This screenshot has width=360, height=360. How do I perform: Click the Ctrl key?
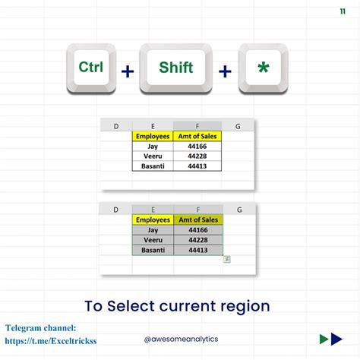click(x=90, y=68)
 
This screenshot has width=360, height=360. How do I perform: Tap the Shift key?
click(x=176, y=68)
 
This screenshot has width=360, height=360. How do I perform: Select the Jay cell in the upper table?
click(x=152, y=146)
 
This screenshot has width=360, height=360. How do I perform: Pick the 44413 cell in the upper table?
click(x=197, y=166)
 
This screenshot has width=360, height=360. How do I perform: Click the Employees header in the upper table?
click(x=152, y=136)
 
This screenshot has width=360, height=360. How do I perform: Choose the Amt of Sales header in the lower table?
click(x=197, y=219)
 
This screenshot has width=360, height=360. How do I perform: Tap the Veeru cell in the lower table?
click(x=152, y=239)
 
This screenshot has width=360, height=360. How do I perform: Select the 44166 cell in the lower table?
click(x=197, y=229)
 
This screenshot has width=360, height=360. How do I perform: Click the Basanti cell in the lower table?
click(x=152, y=249)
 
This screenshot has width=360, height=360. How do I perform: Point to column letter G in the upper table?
click(x=238, y=126)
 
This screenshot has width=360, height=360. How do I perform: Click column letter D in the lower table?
click(x=116, y=210)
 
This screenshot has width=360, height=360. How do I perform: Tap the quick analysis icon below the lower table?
click(x=227, y=259)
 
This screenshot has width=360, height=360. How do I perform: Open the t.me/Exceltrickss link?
click(x=51, y=341)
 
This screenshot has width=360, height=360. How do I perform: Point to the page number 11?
click(x=343, y=12)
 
